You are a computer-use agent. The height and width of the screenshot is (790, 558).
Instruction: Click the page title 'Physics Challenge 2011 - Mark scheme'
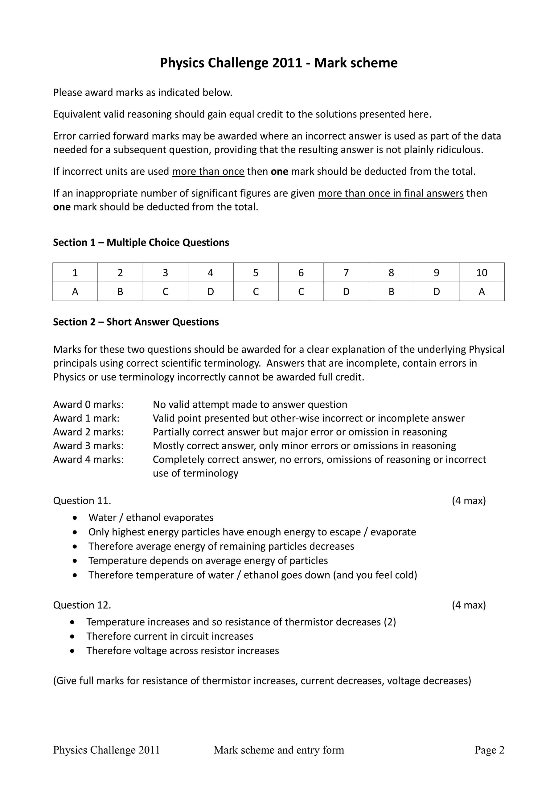tap(278, 63)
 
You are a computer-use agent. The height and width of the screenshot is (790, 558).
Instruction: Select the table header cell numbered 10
tap(481, 272)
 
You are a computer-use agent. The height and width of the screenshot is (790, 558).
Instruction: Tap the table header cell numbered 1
tap(75, 272)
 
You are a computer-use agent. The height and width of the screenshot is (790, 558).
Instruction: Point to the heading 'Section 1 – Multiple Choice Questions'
tap(141, 243)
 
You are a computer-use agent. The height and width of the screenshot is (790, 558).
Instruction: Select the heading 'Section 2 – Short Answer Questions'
tap(136, 322)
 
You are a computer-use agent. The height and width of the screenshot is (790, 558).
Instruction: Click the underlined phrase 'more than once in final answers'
tap(391, 193)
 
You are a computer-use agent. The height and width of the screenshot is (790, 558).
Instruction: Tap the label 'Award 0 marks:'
tap(88, 404)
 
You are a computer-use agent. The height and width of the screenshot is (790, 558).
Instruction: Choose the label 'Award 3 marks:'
tap(88, 446)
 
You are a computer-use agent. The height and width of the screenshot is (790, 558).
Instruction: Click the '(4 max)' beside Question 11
tap(469, 501)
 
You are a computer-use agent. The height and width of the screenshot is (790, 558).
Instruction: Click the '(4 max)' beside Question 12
tap(469, 605)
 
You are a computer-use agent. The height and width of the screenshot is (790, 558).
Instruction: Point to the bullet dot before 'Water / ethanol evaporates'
tap(75, 518)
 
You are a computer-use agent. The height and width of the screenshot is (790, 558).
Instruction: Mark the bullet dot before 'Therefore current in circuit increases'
tap(72, 637)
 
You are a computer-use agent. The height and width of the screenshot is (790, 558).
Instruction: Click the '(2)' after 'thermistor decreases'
tap(390, 622)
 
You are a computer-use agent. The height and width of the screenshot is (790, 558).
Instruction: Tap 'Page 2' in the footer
tap(489, 750)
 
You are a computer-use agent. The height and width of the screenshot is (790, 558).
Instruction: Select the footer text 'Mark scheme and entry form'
tap(279, 750)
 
